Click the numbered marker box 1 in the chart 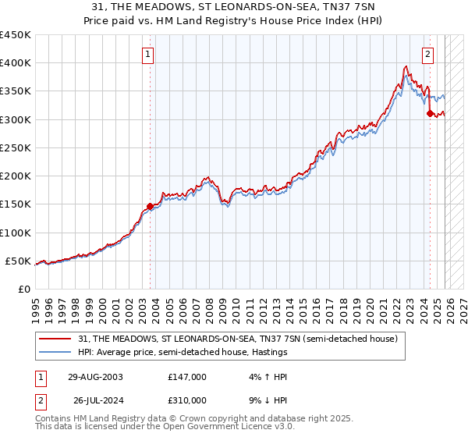coord(148,55)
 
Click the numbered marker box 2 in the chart coord(428,55)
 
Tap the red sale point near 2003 coord(151,207)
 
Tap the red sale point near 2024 coord(430,114)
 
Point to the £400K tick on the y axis coord(16,63)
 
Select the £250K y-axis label coord(16,148)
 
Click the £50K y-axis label coord(19,261)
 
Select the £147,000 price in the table coord(186,376)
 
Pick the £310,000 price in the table coord(186,400)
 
